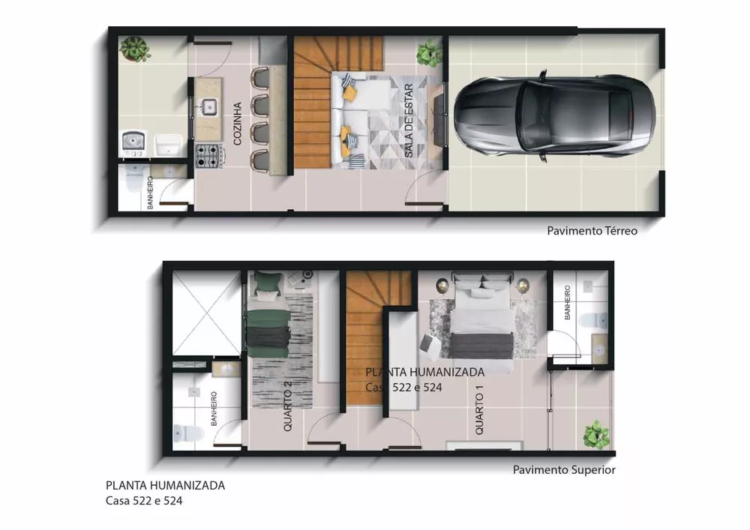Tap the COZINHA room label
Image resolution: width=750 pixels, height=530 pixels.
(x=237, y=123)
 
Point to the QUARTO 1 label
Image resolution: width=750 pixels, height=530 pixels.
(x=479, y=412)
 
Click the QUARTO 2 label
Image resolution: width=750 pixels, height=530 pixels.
(x=287, y=407)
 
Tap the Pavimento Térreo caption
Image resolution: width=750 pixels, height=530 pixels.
(x=592, y=231)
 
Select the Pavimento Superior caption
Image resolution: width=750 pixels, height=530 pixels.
(x=564, y=470)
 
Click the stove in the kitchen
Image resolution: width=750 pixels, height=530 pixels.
(x=211, y=157)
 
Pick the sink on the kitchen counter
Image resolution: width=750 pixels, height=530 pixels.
(x=208, y=106)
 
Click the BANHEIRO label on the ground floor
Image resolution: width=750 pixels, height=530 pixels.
(x=150, y=192)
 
